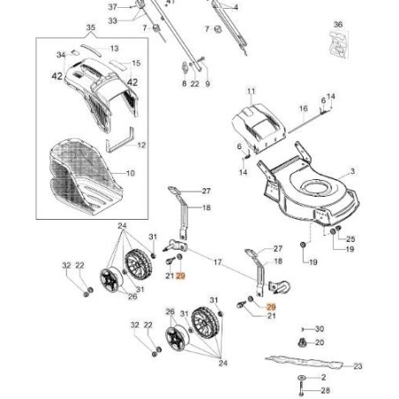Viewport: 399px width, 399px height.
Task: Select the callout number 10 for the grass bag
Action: (x=131, y=174)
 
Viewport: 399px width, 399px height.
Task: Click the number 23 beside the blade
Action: (x=358, y=365)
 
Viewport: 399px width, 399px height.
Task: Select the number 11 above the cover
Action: (x=251, y=92)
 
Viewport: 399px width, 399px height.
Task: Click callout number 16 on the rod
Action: (x=302, y=109)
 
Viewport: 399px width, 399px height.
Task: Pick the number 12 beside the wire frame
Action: (x=141, y=144)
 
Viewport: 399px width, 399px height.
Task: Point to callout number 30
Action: (x=320, y=328)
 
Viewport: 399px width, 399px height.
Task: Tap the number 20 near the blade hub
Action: (x=320, y=342)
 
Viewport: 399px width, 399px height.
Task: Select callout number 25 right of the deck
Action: (x=350, y=239)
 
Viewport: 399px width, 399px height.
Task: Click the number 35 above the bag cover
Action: (x=89, y=29)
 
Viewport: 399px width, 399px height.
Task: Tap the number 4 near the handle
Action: (x=236, y=6)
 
